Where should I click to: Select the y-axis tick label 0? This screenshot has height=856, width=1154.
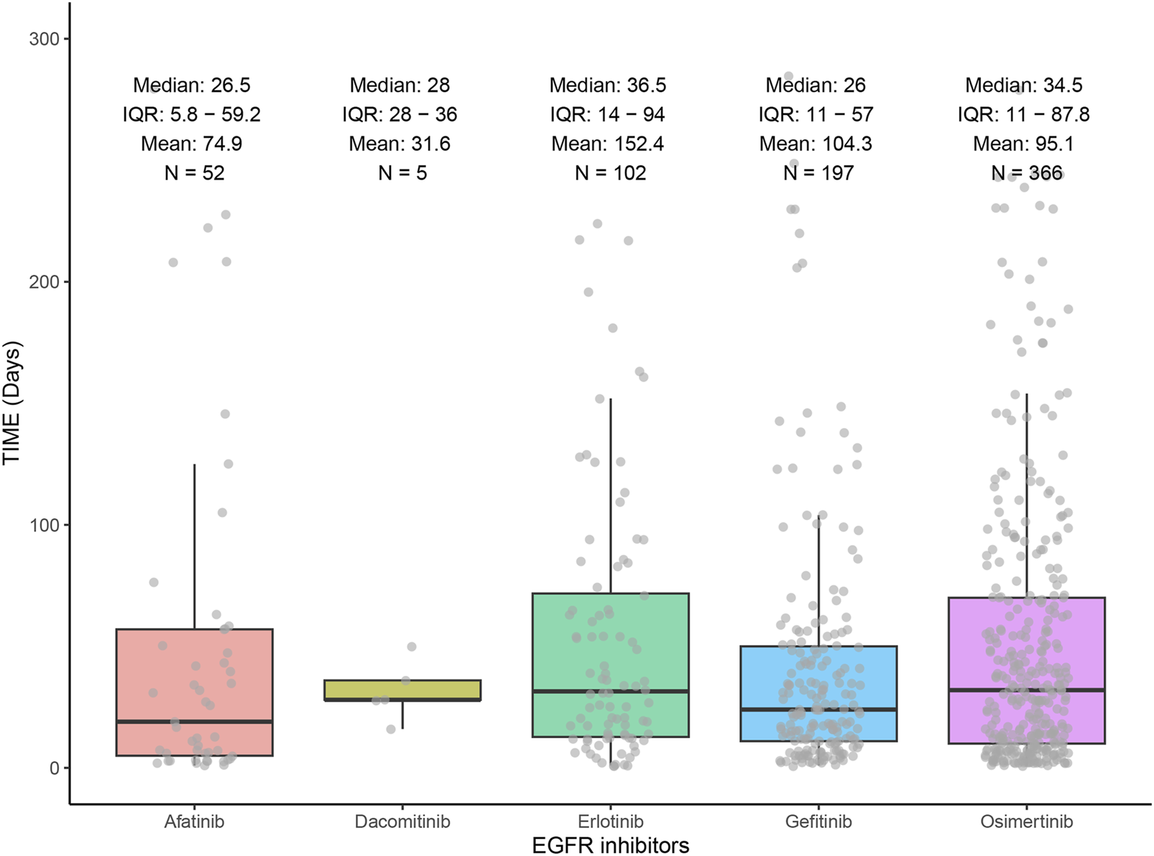(x=54, y=768)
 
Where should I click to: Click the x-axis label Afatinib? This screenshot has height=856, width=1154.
(x=194, y=822)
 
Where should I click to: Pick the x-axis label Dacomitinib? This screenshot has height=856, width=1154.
(x=402, y=822)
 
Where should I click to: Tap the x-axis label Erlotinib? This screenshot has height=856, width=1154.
(x=611, y=822)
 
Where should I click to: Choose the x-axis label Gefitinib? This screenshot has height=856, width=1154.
(x=818, y=822)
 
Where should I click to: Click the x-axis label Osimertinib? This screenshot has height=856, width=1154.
(x=1026, y=822)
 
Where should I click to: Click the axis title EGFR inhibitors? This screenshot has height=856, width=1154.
(x=611, y=845)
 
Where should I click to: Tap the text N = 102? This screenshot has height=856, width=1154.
(x=611, y=173)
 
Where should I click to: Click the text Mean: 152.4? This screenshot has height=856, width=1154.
(x=608, y=144)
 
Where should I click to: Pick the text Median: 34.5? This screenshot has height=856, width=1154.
(x=1023, y=85)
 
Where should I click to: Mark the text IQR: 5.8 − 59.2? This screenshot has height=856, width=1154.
(x=191, y=114)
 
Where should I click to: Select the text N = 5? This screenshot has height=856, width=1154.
(x=402, y=173)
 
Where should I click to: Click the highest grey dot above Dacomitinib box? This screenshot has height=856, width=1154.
(x=412, y=647)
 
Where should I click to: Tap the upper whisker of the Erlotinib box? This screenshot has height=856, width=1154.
(x=611, y=496)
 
